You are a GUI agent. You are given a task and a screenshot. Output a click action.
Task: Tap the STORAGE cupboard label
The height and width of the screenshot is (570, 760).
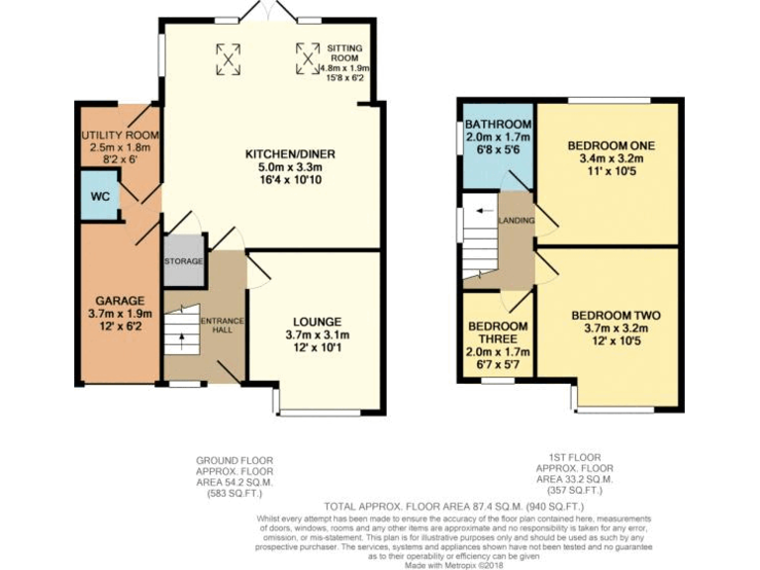point(183,261)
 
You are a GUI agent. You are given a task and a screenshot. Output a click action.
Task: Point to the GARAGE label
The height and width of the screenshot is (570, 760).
point(120,301)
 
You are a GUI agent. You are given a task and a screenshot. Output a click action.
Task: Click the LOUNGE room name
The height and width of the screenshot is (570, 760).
point(317,322)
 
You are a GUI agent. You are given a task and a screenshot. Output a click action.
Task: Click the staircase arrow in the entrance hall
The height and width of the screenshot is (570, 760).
point(180,341)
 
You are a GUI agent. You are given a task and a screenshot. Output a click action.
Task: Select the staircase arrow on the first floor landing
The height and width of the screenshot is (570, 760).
point(482,211)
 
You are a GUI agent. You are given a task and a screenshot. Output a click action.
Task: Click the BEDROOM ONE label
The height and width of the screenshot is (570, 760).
point(611,145)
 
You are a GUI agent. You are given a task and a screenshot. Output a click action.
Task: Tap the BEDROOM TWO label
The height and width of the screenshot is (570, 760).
point(616,316)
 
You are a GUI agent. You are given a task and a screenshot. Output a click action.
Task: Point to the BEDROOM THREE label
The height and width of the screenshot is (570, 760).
point(498,333)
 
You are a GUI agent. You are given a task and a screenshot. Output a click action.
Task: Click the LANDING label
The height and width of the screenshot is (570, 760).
point(517,220)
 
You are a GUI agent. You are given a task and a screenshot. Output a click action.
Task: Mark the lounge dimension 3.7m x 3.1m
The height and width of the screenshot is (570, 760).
point(317,334)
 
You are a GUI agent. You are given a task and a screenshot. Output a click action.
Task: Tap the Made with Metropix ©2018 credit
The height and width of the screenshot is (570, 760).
point(453,563)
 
